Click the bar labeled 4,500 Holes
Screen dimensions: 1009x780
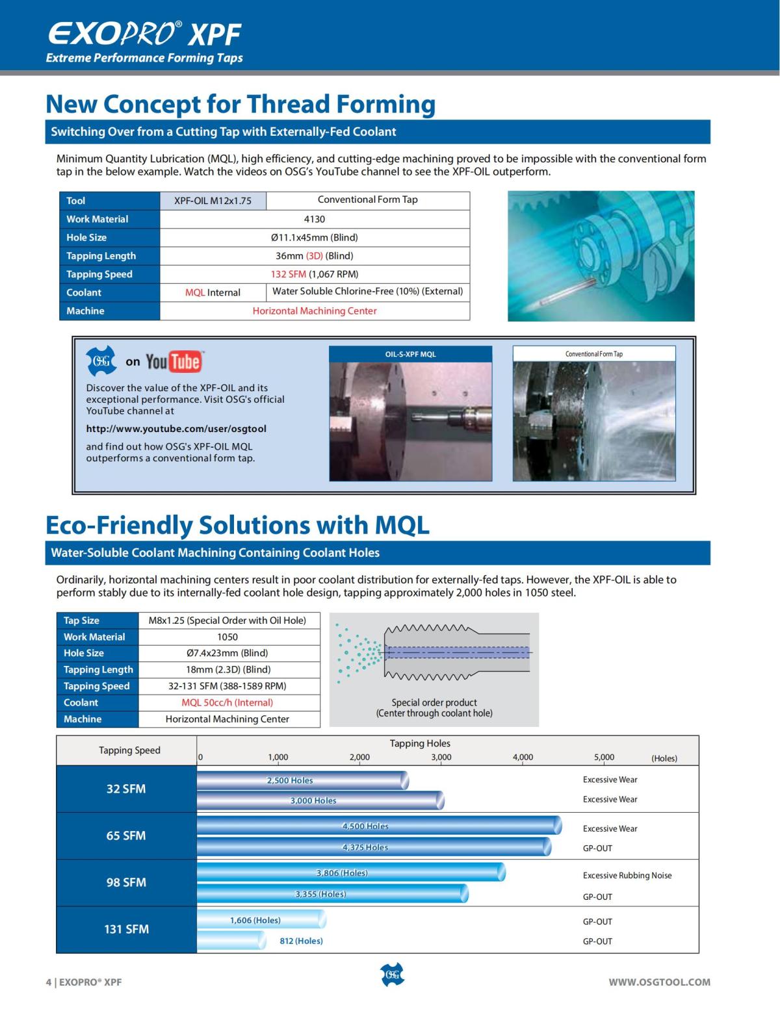click(378, 825)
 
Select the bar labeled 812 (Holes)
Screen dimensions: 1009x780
click(231, 940)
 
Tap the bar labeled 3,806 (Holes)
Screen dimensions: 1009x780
click(350, 873)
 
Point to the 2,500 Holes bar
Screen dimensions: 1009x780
click(302, 780)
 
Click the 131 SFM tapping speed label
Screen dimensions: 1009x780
click(126, 929)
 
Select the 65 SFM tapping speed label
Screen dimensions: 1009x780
click(126, 836)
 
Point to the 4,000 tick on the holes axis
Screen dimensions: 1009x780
click(523, 757)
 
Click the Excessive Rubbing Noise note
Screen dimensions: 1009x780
click(627, 875)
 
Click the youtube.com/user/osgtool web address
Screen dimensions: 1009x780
click(176, 429)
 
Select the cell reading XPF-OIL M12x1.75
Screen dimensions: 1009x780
click(213, 201)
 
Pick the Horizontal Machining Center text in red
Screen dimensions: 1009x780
click(315, 311)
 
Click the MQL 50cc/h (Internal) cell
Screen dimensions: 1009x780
click(227, 702)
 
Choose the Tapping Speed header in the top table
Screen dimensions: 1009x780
click(99, 274)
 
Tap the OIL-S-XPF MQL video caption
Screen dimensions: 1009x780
click(410, 354)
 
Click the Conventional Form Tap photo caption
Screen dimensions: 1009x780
click(593, 354)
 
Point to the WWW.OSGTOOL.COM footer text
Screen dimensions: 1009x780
click(659, 982)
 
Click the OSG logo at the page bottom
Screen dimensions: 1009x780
click(391, 975)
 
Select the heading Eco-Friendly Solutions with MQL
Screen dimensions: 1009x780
click(237, 525)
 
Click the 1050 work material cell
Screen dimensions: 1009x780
click(227, 637)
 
